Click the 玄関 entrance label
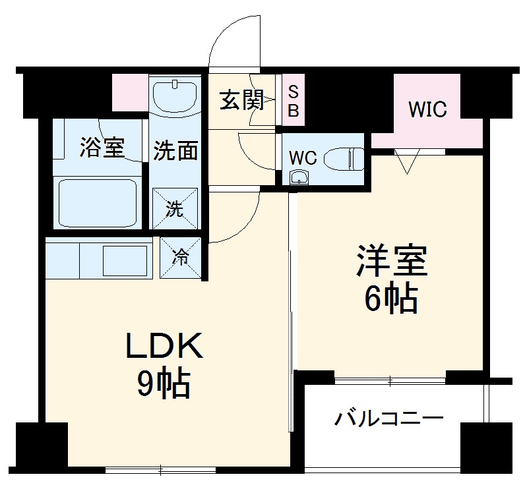pos(241,101)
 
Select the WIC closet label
pos(427,109)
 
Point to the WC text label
pos(304,158)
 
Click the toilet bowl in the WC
pos(348,159)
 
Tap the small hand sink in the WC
pos(299,177)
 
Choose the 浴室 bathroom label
pos(101,148)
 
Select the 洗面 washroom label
pos(175,151)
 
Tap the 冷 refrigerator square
pos(180,257)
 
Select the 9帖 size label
pos(164,384)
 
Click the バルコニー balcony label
pos(388,418)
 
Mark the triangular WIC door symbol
pos(406,160)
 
